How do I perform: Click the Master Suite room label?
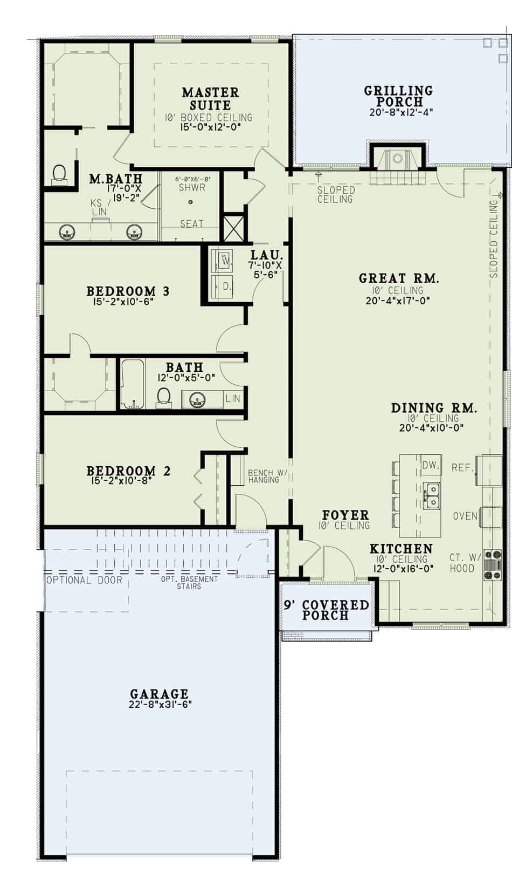210,99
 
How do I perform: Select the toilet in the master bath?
59,173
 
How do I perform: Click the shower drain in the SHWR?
190,202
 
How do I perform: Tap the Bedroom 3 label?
128,291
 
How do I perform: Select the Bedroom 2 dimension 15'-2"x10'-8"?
122,480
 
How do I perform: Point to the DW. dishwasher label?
431,465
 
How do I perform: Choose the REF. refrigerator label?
462,467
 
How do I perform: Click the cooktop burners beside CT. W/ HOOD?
493,565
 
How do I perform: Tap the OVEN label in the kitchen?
465,516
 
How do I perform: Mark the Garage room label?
159,693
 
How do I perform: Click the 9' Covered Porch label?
326,610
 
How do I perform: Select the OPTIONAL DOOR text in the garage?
85,580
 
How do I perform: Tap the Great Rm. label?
399,278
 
